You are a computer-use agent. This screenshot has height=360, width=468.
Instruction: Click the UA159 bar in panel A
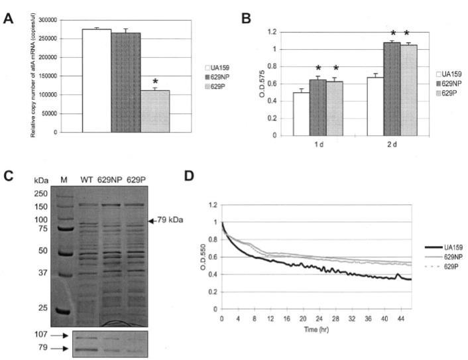(x=96, y=80)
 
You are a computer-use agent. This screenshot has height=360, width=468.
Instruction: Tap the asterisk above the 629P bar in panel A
(x=155, y=82)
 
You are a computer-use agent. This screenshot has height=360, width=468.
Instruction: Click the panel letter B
(x=245, y=19)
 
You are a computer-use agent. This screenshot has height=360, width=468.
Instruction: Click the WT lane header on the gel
(x=86, y=179)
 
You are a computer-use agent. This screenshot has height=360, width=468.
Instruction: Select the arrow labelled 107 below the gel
(x=54, y=335)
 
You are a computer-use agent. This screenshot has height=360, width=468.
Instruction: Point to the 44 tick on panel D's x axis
(x=399, y=318)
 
